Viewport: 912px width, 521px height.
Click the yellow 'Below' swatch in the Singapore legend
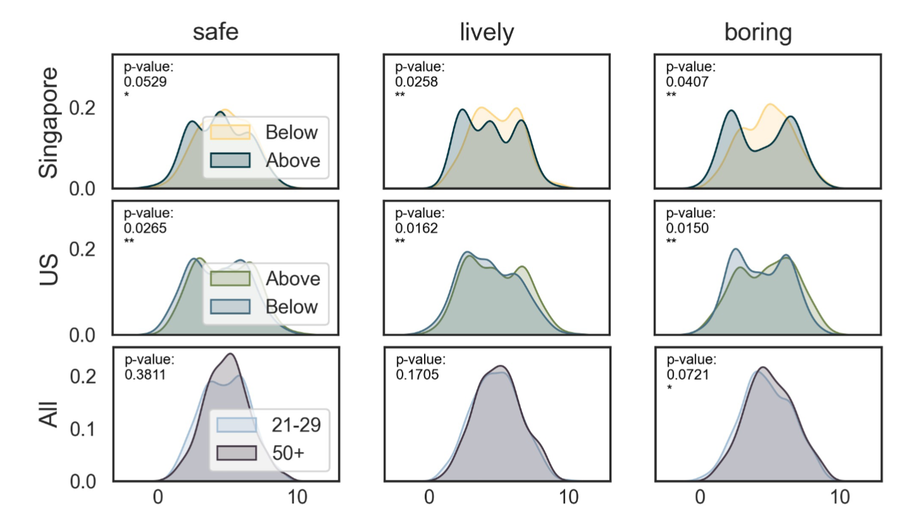pos(230,132)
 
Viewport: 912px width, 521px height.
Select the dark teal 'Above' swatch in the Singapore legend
pos(230,160)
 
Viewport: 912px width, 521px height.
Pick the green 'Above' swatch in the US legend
pos(230,279)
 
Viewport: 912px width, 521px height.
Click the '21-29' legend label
pos(295,425)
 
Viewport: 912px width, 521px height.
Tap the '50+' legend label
pos(286,453)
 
